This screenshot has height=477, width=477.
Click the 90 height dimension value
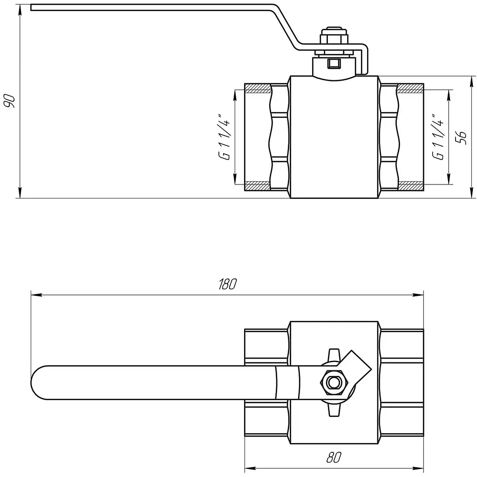pos(9,101)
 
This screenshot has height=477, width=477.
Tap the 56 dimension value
pos(461,137)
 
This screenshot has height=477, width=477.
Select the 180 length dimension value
pos(227,284)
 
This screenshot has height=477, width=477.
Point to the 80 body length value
pos(334,457)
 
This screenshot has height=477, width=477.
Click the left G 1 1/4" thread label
pos(225,137)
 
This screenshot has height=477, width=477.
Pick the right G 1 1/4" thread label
pos(438,137)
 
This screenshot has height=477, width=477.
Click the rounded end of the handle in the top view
pos(38,382)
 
